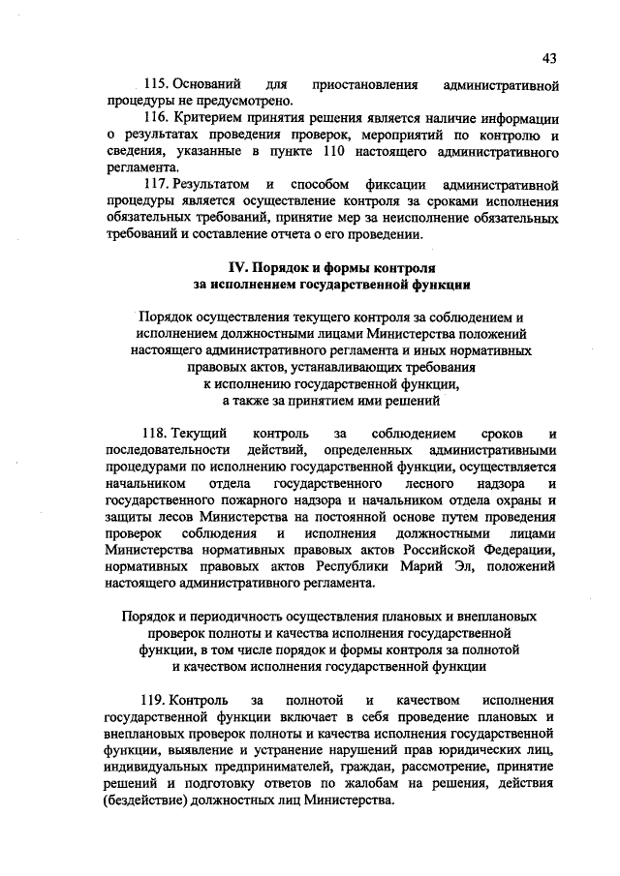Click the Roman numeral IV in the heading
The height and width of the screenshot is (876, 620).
(235, 267)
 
